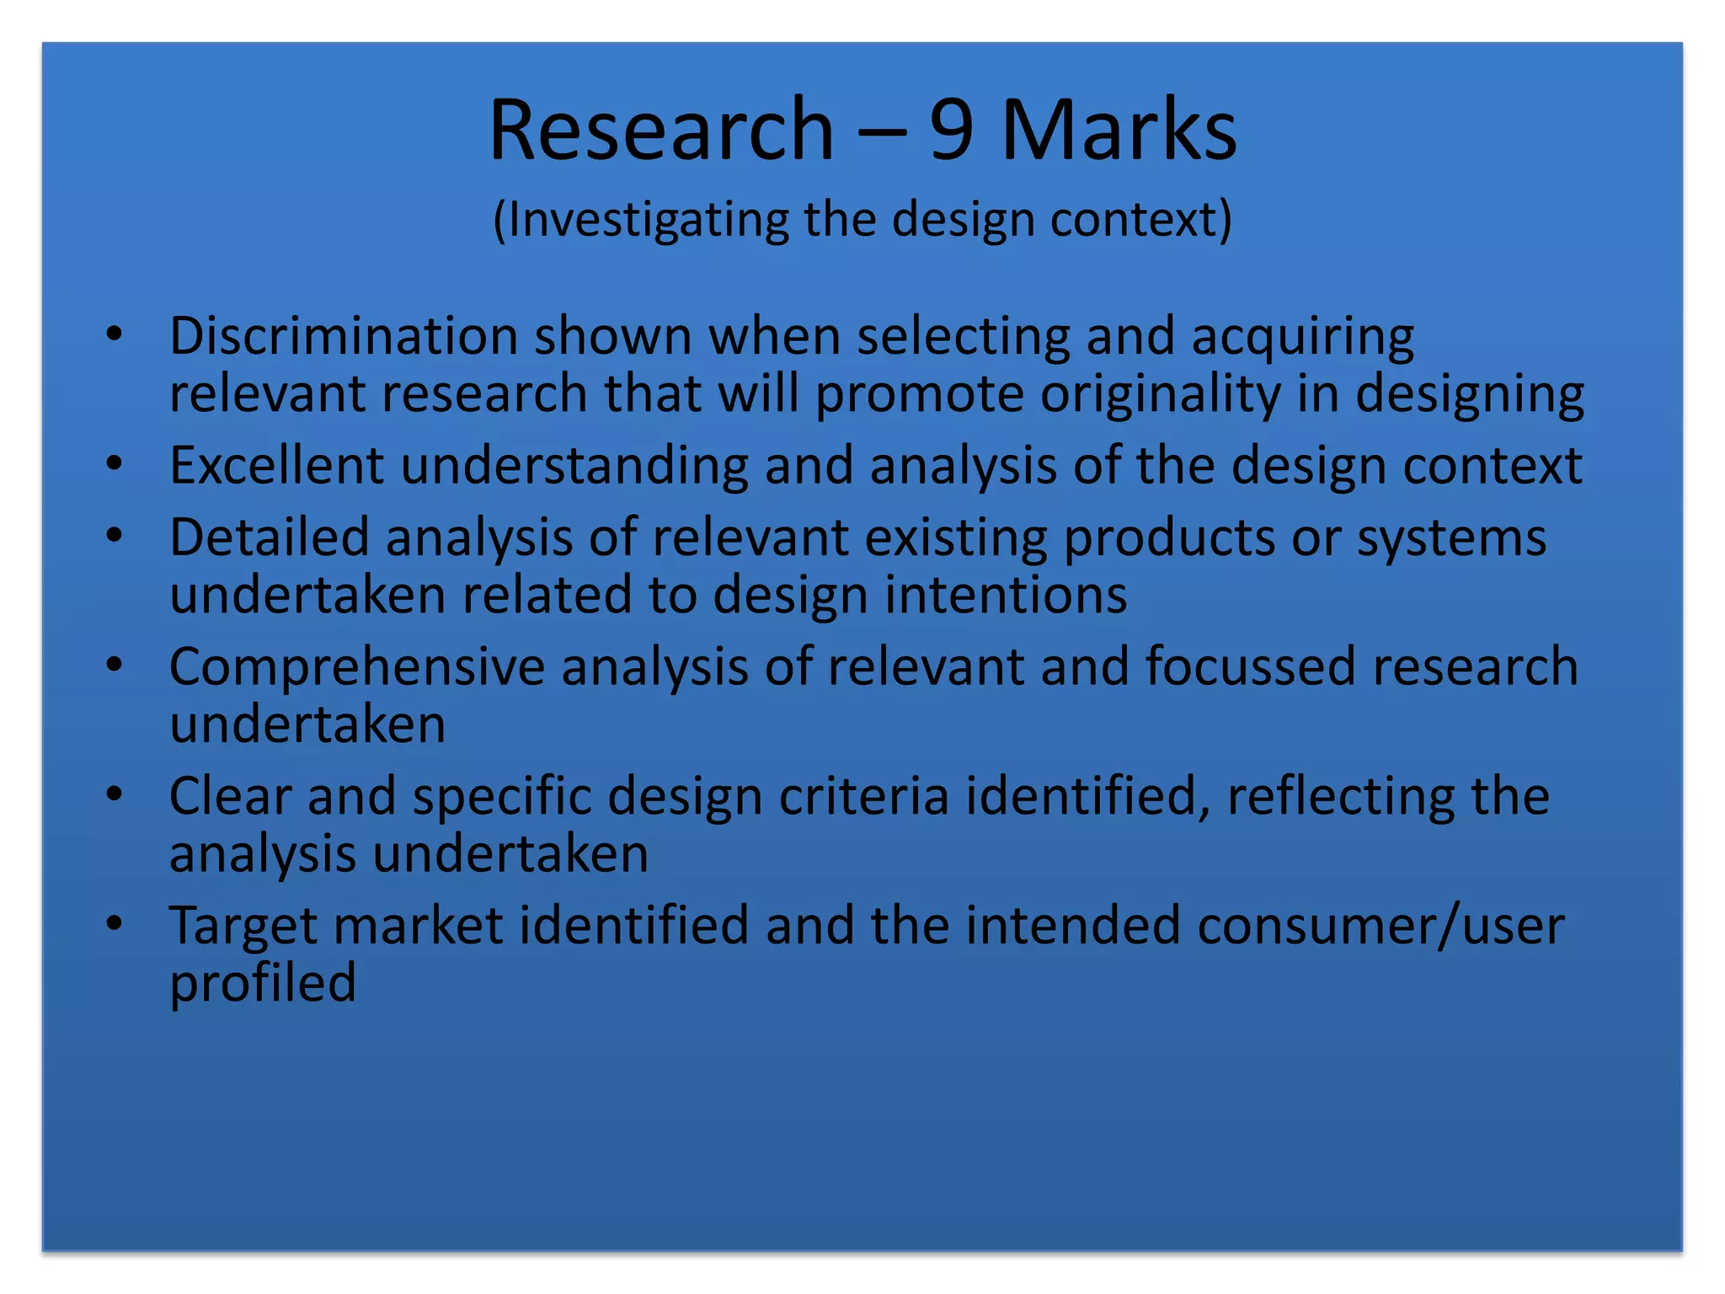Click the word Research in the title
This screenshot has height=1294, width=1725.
[x=661, y=130]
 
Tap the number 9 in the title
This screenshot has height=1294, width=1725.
[x=952, y=130]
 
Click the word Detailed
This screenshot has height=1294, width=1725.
[x=270, y=537]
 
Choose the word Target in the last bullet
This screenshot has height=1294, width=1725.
[x=243, y=927]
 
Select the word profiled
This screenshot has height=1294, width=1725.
[x=263, y=983]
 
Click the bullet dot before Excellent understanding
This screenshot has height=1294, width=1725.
[x=115, y=463]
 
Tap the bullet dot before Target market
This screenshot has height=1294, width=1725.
[x=115, y=923]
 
